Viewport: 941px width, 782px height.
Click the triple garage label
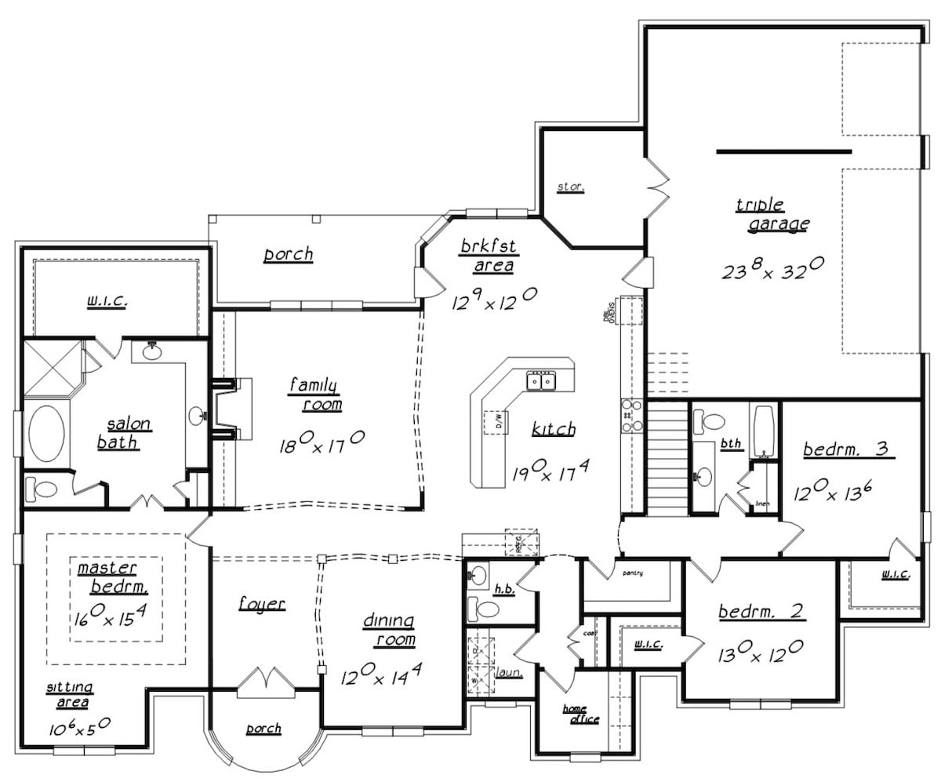(x=772, y=215)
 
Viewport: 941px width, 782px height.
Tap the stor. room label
(x=570, y=187)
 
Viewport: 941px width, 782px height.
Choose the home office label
(x=581, y=714)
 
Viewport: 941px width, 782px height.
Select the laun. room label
(x=510, y=672)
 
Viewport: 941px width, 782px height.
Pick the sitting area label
(x=70, y=693)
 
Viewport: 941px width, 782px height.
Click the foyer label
(x=261, y=604)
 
